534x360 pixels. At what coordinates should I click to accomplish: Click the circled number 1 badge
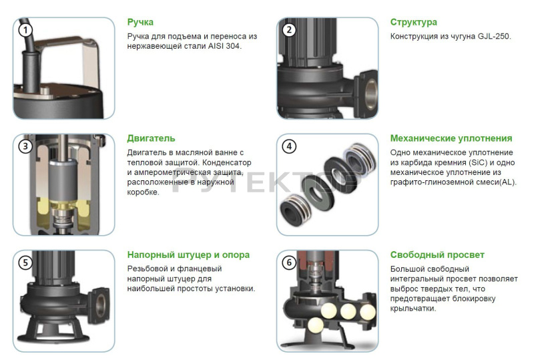click(25, 30)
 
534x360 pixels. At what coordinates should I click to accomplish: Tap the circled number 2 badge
click(289, 30)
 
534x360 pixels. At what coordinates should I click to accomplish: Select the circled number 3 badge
click(25, 146)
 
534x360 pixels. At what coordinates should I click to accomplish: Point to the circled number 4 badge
click(289, 146)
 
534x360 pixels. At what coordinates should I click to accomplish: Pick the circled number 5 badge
click(25, 263)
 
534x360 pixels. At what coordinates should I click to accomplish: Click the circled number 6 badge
click(289, 263)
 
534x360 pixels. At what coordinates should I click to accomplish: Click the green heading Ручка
click(140, 23)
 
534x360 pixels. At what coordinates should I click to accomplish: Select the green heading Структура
click(413, 23)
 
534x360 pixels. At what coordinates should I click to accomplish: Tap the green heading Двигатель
click(151, 138)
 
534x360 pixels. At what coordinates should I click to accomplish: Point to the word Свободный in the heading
click(412, 254)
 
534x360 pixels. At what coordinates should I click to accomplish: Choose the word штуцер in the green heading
click(195, 255)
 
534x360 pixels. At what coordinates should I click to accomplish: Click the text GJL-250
click(494, 37)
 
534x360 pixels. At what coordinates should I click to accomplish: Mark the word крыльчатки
click(413, 309)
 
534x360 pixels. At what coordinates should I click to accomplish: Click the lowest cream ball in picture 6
click(315, 325)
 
